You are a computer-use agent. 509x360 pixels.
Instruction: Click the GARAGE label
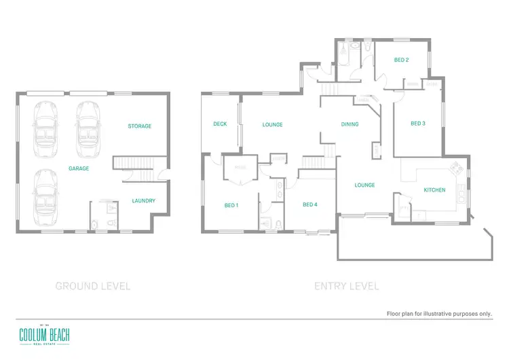point(78,168)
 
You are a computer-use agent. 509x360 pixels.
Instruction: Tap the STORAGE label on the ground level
point(140,126)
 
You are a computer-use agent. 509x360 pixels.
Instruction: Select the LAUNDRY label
point(144,200)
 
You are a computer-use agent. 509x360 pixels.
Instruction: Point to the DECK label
point(220,124)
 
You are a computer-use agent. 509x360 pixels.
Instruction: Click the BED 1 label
point(231,204)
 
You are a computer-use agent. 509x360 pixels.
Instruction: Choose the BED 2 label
point(401,60)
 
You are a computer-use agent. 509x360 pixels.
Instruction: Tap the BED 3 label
point(418,123)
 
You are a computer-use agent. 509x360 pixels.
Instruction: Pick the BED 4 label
point(310,204)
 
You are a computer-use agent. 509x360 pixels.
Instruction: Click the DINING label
point(350,124)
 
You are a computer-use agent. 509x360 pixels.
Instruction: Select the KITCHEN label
point(434,190)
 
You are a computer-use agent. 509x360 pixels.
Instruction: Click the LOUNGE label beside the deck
point(272,124)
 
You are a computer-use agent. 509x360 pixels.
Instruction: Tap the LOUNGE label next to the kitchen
point(364,185)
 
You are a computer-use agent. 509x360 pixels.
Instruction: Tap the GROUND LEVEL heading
point(92,286)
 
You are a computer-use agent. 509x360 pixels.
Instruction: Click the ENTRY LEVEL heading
point(346,286)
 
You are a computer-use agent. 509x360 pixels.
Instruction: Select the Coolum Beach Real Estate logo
point(44,334)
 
